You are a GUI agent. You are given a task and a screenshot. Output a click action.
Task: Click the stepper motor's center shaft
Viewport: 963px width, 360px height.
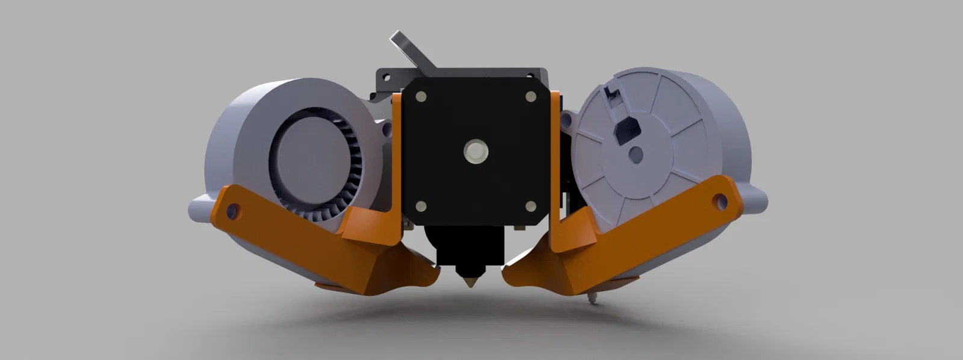click(x=475, y=151)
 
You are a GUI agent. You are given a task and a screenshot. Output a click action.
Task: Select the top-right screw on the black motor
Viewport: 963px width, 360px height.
click(x=531, y=96)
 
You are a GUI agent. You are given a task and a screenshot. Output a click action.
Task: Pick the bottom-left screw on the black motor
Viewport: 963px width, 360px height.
click(x=421, y=206)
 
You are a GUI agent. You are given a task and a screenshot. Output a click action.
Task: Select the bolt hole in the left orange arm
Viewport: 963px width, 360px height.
click(x=234, y=211)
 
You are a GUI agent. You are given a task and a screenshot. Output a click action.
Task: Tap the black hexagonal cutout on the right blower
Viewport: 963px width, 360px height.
click(x=626, y=129)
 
